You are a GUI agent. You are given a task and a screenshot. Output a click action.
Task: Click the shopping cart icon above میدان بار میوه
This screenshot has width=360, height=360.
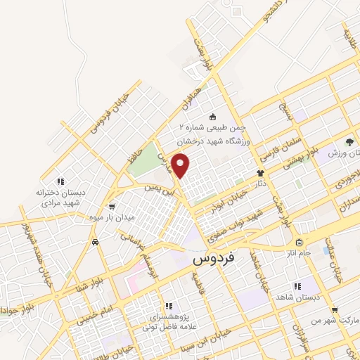pyautogui.click(x=112, y=206)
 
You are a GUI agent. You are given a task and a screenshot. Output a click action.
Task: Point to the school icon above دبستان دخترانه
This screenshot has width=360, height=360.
pyautogui.click(x=61, y=181)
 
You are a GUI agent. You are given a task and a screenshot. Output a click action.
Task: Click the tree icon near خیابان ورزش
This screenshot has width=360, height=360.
pyautogui.click(x=349, y=143)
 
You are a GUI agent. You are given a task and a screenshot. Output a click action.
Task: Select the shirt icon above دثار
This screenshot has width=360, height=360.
pyautogui.click(x=259, y=172)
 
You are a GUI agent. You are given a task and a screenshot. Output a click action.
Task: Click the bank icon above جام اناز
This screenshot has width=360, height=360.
pyautogui.click(x=298, y=241)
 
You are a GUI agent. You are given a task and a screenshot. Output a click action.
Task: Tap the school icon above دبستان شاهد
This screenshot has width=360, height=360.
pyautogui.click(x=298, y=285)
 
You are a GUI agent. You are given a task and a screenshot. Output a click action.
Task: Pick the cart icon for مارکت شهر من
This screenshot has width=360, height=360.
pyautogui.click(x=334, y=309)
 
